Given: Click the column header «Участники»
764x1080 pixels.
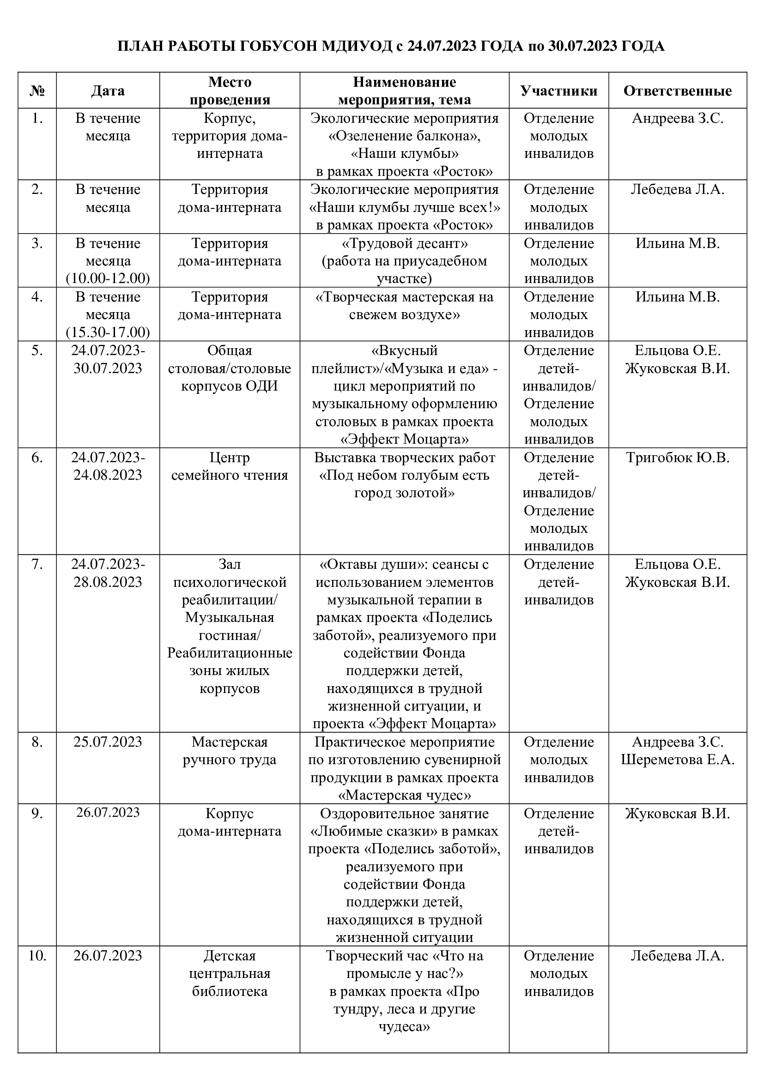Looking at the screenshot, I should click(558, 91).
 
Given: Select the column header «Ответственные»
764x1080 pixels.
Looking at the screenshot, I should click(677, 91).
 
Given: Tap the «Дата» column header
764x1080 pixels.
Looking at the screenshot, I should click(108, 91).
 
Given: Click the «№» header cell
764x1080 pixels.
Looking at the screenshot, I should click(37, 91).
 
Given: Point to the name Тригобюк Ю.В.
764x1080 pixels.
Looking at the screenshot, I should click(678, 458).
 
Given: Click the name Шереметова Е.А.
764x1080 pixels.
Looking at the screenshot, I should click(678, 760).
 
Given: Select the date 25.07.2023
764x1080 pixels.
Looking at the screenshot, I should click(108, 742).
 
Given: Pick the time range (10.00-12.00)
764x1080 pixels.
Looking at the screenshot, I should click(108, 278).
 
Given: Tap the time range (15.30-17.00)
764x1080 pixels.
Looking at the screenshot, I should click(108, 332).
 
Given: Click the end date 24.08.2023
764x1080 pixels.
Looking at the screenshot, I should click(108, 475).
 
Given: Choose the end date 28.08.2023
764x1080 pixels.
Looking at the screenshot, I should click(108, 582).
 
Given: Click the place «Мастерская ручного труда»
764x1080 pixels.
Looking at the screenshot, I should click(230, 751).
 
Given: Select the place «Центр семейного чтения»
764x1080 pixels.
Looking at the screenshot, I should click(230, 466).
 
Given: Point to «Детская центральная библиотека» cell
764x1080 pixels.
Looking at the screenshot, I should click(230, 974).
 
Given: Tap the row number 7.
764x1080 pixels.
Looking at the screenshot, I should click(37, 564).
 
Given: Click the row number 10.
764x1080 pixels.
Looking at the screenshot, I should click(37, 956).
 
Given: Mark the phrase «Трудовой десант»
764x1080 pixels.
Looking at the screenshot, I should click(404, 244).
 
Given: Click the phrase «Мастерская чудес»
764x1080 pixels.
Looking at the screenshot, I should click(404, 796).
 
